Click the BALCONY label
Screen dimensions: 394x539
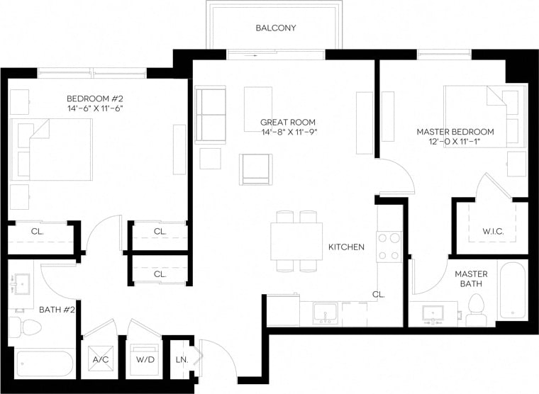pos(275,28)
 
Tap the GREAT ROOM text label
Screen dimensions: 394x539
pos(288,123)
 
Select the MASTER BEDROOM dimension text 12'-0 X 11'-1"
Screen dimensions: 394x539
pos(455,142)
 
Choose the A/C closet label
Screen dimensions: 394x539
pos(100,359)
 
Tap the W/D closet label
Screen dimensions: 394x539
pos(145,359)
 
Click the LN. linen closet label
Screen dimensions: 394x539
pos(182,359)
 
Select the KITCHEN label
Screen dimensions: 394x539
pos(346,247)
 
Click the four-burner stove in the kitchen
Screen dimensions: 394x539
pos(389,247)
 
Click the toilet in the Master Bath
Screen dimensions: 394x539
pos(476,309)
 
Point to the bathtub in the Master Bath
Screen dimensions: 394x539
pos(511,291)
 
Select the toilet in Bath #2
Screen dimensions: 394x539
pos(26,327)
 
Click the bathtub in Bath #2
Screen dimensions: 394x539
pos(44,364)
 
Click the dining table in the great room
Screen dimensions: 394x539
pos(296,241)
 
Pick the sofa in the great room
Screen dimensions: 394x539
pos(210,116)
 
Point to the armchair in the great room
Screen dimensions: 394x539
pos(255,169)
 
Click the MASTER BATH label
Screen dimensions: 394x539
pos(470,278)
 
